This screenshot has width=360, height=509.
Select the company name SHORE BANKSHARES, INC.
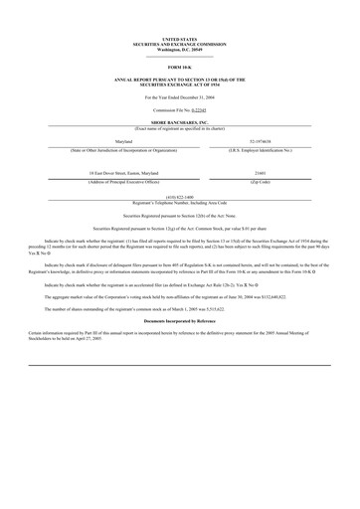tap(179, 121)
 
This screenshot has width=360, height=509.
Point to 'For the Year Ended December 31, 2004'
tap(179, 97)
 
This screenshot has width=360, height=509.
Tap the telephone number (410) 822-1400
tap(179, 197)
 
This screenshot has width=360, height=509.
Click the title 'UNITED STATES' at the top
tap(179, 40)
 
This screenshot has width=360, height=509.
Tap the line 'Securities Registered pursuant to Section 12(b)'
tap(179, 215)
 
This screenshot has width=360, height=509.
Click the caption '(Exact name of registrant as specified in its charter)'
tap(179, 126)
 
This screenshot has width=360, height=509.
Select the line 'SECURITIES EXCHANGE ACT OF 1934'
tap(179, 85)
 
